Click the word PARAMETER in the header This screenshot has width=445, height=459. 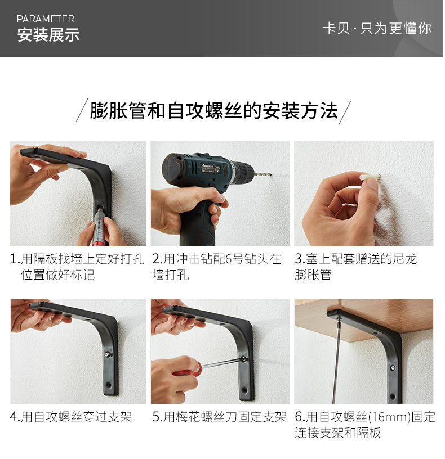click(46, 19)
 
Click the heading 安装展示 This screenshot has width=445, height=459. click(48, 35)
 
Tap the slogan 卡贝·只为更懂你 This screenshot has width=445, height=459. click(377, 28)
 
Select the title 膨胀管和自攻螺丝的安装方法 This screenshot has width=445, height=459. click(213, 111)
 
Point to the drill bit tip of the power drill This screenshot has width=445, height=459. click(270, 175)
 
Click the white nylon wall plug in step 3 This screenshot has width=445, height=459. click(370, 177)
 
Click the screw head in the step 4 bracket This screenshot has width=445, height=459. click(108, 354)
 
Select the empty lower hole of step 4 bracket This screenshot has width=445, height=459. click(109, 384)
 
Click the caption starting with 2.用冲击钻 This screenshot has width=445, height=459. click(216, 267)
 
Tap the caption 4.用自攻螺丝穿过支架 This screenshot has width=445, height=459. click(70, 417)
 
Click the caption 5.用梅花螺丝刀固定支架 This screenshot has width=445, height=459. click(219, 417)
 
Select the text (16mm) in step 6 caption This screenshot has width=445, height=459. click(389, 417)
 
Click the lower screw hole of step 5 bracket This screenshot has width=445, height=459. click(244, 390)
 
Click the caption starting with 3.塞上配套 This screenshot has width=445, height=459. click(355, 267)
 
